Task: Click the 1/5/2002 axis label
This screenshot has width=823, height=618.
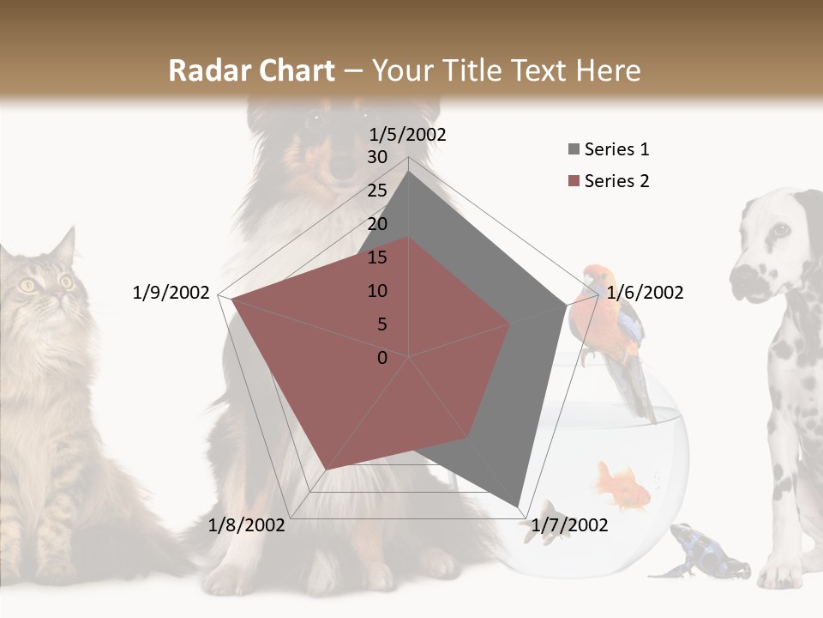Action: point(408,134)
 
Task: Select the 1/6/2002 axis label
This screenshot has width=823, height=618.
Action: point(645,293)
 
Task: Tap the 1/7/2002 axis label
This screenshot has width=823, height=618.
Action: point(569,525)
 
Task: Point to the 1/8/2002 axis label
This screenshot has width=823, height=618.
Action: point(247,525)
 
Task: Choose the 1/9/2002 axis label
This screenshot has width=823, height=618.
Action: point(171,293)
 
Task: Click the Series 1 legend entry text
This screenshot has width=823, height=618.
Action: point(616,149)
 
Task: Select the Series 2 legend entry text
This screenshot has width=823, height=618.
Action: point(616,181)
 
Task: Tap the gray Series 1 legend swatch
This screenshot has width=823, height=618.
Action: point(574,150)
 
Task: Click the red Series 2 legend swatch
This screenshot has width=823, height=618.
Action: point(574,182)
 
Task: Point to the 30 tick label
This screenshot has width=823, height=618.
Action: point(377,157)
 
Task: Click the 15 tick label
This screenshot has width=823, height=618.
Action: point(377,257)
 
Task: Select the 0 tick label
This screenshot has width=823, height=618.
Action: point(382,358)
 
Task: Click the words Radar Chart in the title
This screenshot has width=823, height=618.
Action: point(251,70)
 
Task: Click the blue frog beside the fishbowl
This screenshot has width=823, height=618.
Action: point(699,549)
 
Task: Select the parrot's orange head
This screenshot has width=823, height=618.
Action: point(594,280)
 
